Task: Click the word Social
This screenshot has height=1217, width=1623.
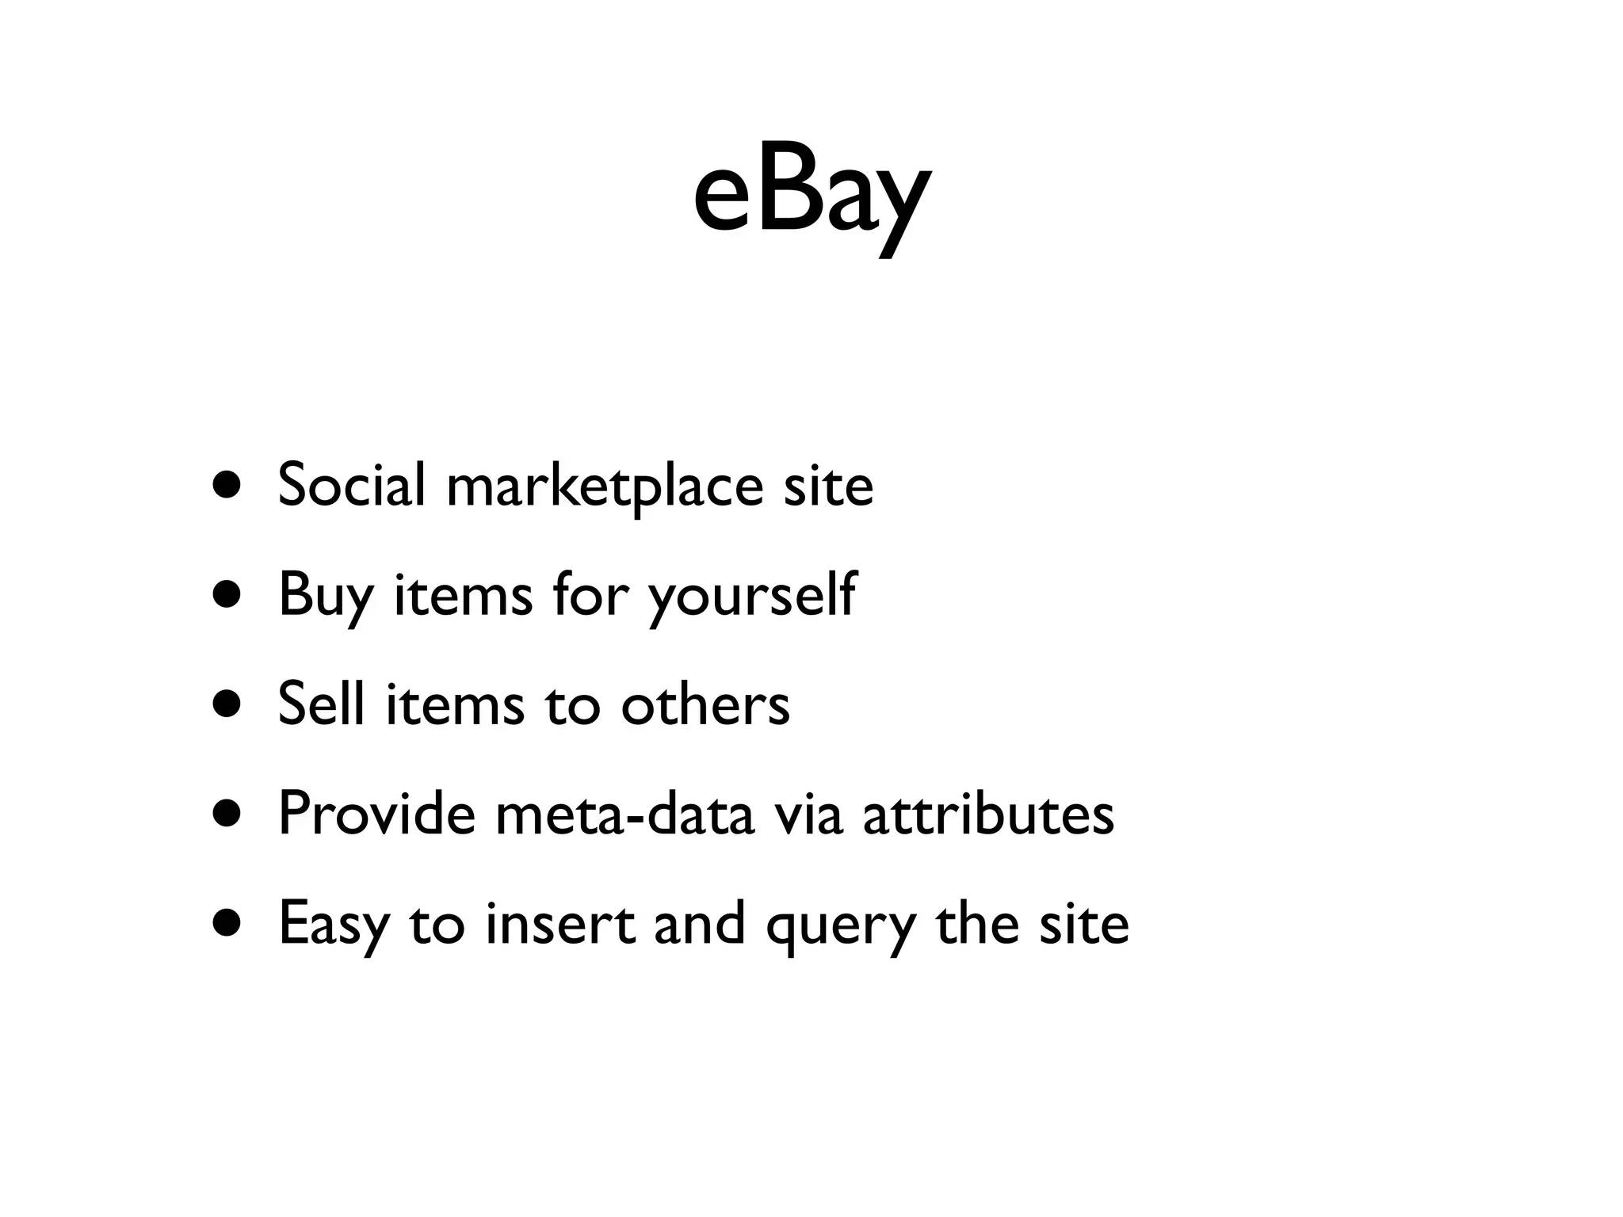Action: point(352,484)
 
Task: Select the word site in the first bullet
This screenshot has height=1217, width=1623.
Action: point(828,485)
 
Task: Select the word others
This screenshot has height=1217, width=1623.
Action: point(705,704)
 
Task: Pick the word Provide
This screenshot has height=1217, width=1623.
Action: point(376,813)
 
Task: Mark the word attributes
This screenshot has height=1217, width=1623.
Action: point(988,815)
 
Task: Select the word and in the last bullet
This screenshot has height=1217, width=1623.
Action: point(700,924)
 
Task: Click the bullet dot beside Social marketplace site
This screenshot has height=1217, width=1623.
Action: point(227,485)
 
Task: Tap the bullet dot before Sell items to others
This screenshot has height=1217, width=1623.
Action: point(227,704)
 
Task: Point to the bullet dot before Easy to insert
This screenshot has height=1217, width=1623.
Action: point(227,923)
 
